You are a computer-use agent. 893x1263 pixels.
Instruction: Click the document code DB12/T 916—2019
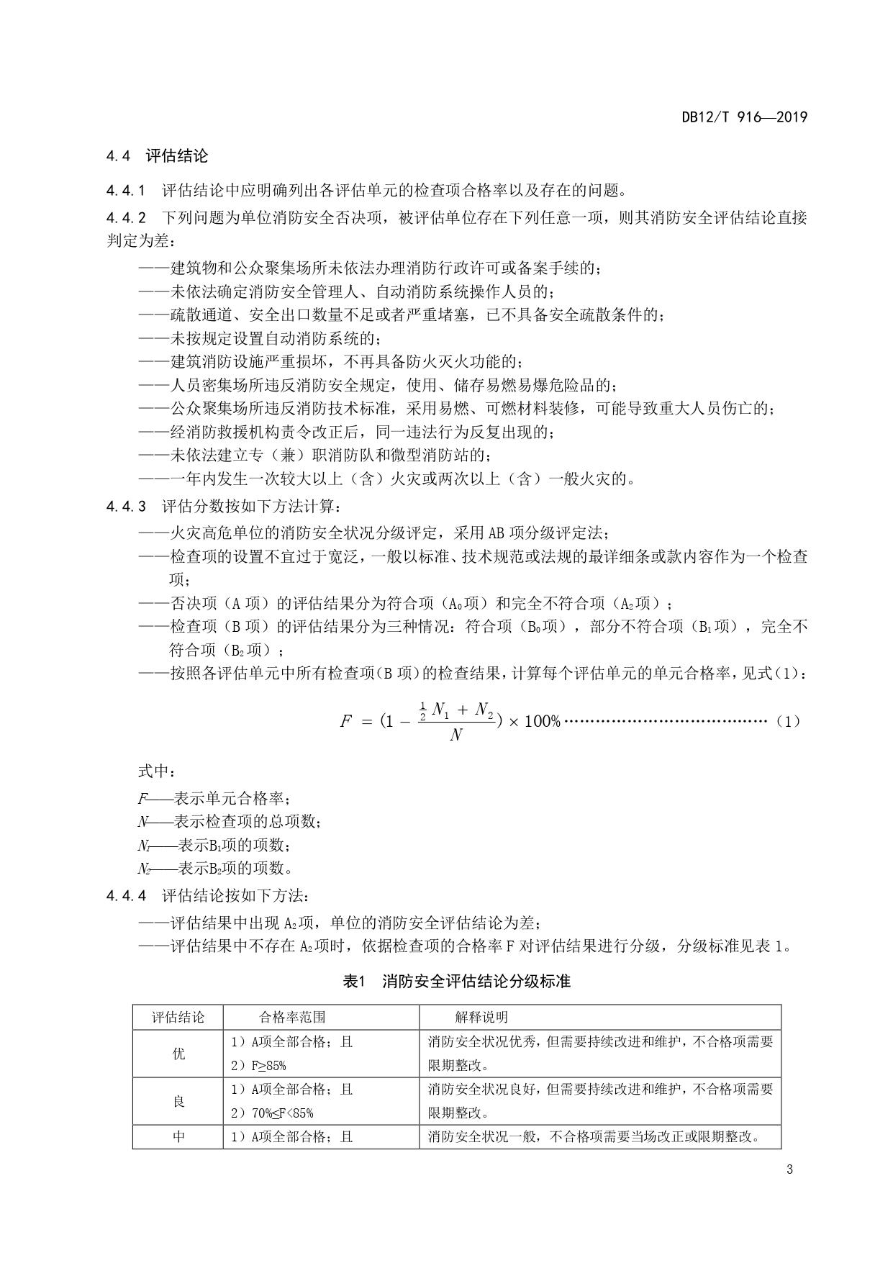(x=744, y=117)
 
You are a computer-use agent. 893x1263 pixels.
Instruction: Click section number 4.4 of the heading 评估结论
(x=118, y=155)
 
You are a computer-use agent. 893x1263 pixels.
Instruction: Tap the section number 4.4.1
(x=125, y=191)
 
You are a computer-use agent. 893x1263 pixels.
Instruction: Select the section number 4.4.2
(x=125, y=217)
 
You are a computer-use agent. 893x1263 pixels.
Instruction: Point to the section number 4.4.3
(x=125, y=507)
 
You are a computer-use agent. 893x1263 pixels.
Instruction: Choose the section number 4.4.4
(x=125, y=896)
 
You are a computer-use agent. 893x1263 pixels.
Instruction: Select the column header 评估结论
(x=178, y=1018)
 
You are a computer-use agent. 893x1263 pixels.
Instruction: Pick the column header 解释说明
(x=481, y=1018)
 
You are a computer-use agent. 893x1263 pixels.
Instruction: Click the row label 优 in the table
(x=178, y=1054)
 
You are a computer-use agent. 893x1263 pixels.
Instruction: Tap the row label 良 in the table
(x=178, y=1101)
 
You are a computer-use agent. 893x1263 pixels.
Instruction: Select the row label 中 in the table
(x=178, y=1137)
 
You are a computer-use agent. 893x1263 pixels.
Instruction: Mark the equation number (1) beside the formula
(x=789, y=721)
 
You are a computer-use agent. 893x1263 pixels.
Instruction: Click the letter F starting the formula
(x=345, y=721)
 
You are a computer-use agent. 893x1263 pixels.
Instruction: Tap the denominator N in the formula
(x=455, y=735)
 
